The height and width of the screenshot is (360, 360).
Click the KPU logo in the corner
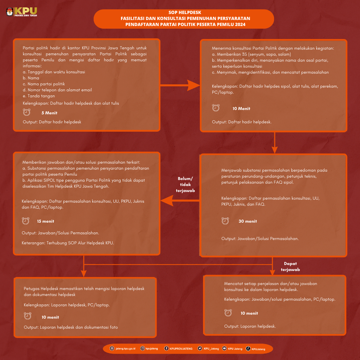(x=21, y=12)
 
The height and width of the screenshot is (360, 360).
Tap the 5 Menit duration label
(x=49, y=113)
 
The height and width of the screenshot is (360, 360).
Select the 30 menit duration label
(x=248, y=221)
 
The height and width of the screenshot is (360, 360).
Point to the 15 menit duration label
(x=46, y=221)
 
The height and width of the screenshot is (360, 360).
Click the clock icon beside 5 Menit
(x=27, y=112)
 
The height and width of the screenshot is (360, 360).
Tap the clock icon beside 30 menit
(x=225, y=221)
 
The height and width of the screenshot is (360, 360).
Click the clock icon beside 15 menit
(x=26, y=221)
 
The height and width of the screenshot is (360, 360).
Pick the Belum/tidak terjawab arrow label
(x=185, y=184)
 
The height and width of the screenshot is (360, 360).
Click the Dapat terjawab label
(x=290, y=266)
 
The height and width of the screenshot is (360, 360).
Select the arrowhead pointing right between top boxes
(x=193, y=85)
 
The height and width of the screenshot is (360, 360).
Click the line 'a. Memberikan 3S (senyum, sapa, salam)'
(x=252, y=54)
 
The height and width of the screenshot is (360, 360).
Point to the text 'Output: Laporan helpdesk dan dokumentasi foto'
(x=71, y=327)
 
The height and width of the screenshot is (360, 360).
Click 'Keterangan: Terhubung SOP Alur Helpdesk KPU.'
(x=68, y=243)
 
